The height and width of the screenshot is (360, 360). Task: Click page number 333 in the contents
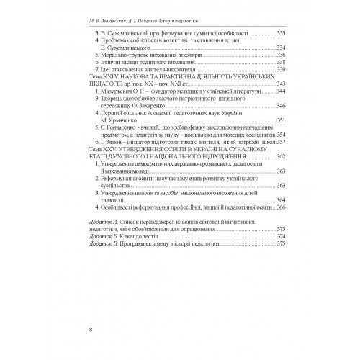[x=271, y=34]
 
